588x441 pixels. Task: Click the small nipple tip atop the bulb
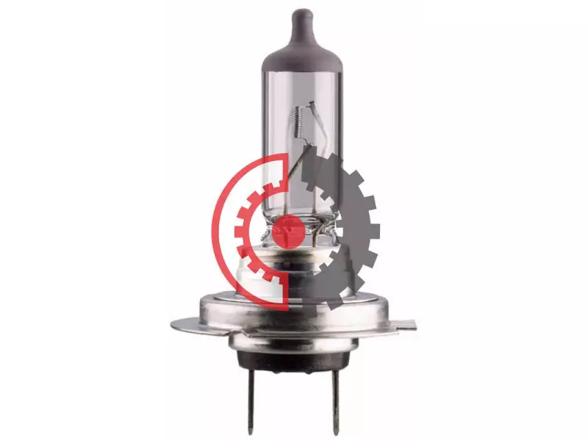(300, 15)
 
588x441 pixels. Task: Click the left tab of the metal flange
(184, 323)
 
